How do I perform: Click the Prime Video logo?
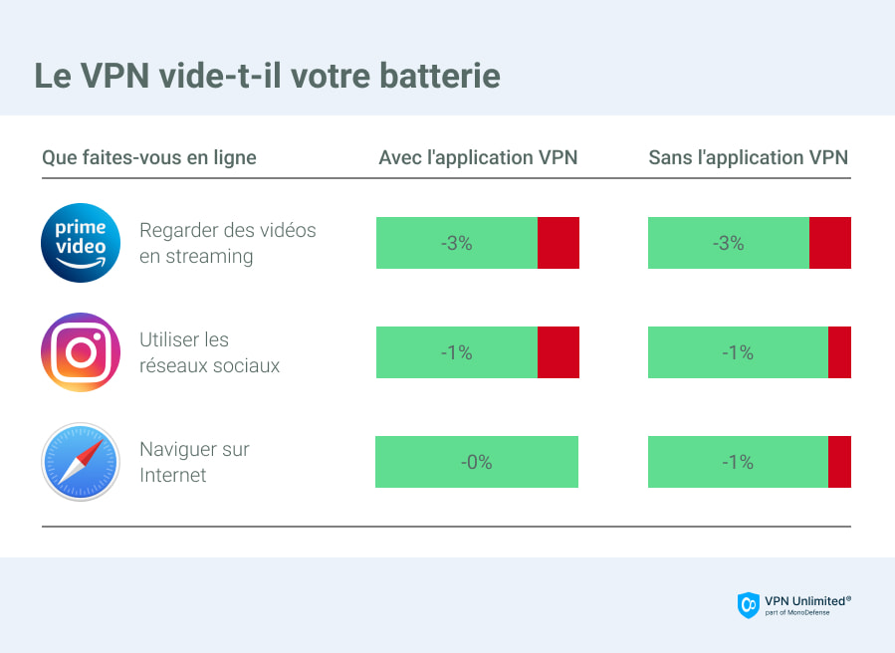[x=81, y=243]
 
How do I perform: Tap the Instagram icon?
[x=81, y=352]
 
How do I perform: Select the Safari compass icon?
[x=81, y=462]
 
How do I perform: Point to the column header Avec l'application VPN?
[x=478, y=157]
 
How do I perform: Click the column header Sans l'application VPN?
[x=749, y=157]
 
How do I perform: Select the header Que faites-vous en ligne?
[x=149, y=157]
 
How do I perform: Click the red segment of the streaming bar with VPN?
[x=558, y=243]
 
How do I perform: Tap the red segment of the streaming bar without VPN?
[x=829, y=243]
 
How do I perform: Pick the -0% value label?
[x=476, y=462]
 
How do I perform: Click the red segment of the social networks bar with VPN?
[x=558, y=352]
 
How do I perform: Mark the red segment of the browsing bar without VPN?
[x=839, y=462]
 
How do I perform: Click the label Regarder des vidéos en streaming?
[x=228, y=243]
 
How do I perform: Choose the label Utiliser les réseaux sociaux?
[x=209, y=352]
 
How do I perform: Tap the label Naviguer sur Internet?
[x=194, y=462]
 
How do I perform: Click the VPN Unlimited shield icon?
[x=748, y=604]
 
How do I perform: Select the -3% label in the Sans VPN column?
[x=729, y=243]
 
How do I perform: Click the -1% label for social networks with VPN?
[x=456, y=352]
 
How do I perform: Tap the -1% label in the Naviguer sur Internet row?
[x=738, y=462]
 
